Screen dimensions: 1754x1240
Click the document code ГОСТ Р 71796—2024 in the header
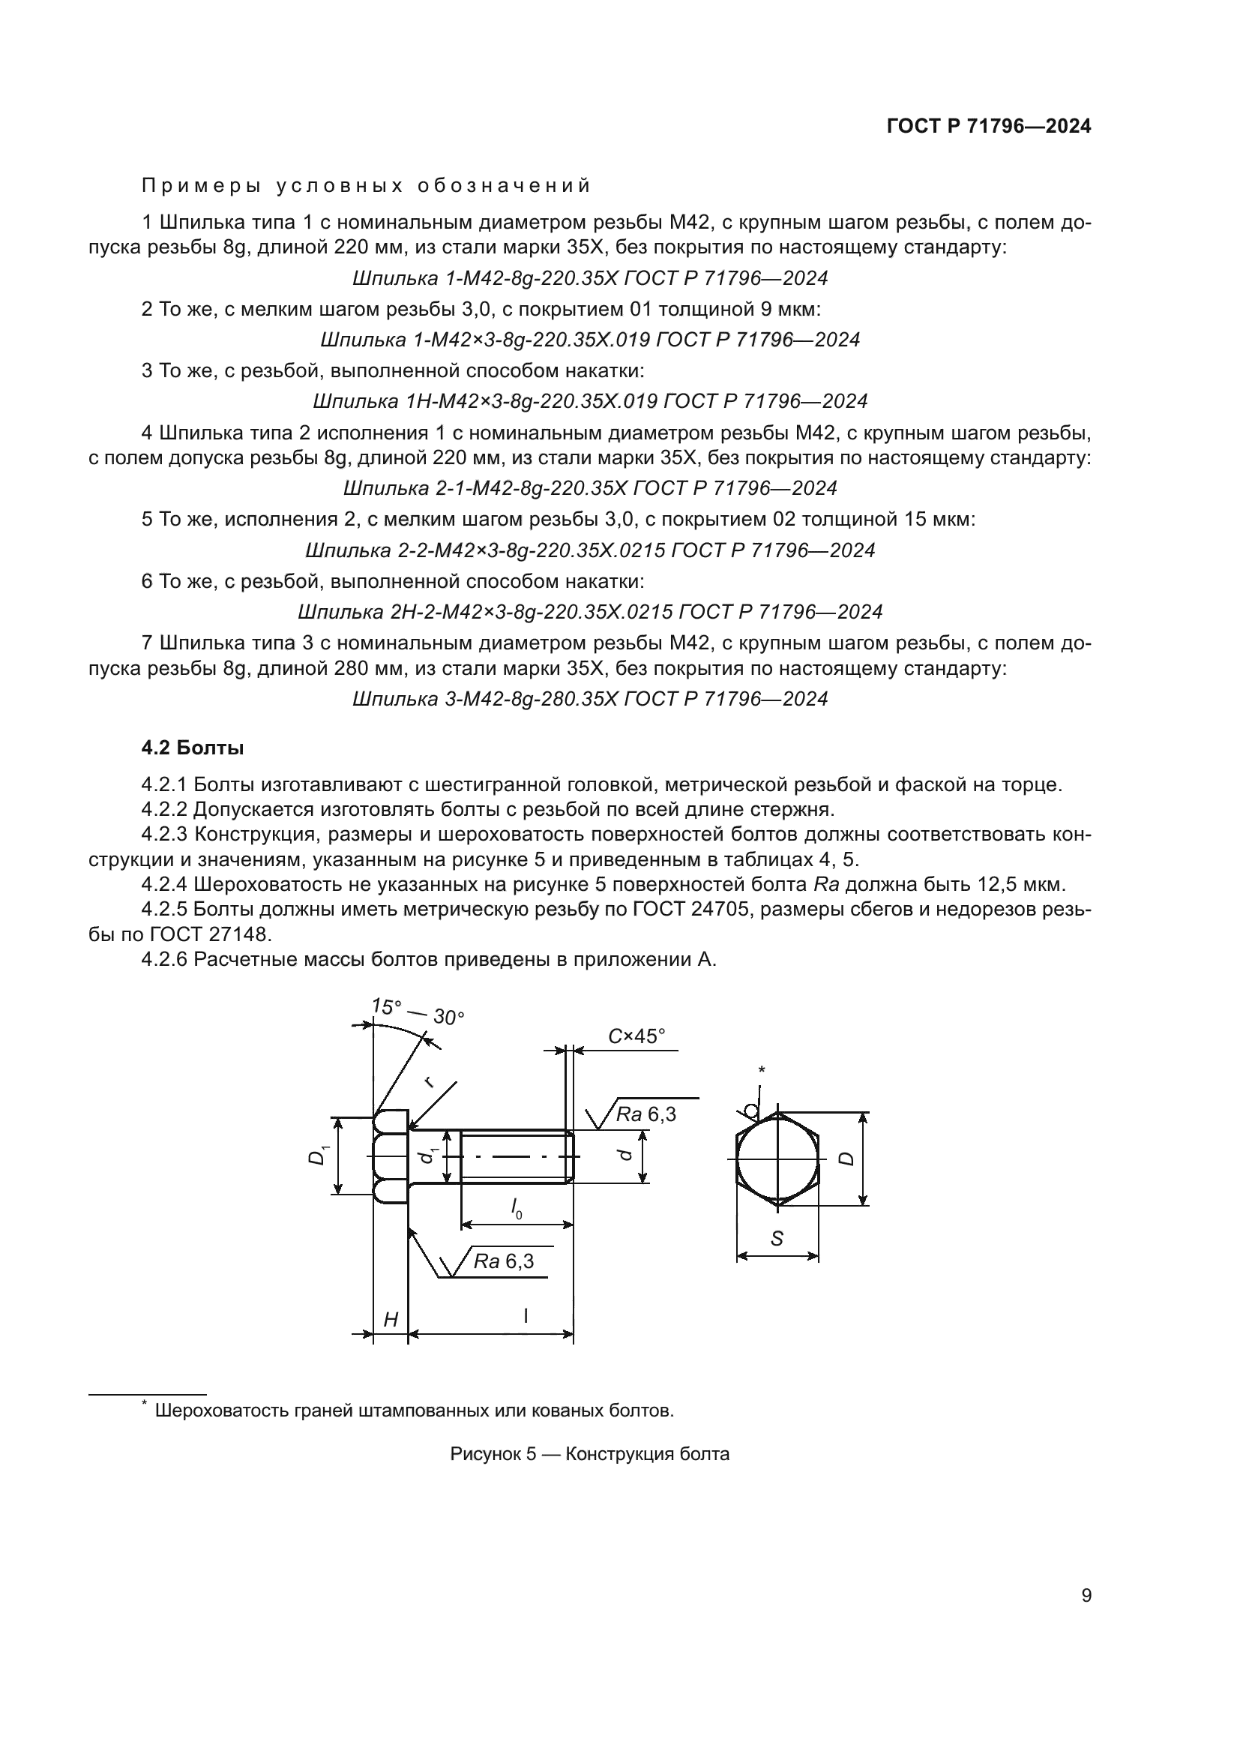point(989,126)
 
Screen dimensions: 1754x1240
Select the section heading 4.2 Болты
point(193,748)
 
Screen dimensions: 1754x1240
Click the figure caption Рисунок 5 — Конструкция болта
point(589,1454)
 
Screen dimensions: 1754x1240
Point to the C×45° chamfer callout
point(636,1036)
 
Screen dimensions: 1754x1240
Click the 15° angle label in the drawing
point(386,1007)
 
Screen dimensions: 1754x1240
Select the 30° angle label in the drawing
point(449,1018)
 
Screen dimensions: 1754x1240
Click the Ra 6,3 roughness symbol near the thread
point(646,1114)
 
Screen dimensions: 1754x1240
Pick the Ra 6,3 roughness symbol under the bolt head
point(503,1261)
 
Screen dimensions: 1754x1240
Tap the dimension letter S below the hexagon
point(777,1238)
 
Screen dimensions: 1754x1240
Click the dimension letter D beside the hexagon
point(846,1158)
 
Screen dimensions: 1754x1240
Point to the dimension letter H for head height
point(390,1319)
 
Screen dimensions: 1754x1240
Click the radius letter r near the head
point(429,1080)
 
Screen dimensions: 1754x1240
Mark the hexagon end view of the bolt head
point(777,1159)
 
